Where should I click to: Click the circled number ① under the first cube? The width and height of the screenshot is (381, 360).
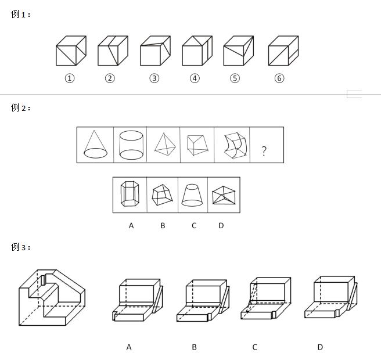[70, 78]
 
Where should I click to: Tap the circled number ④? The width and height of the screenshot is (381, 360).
[195, 78]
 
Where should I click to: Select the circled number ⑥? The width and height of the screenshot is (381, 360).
[279, 78]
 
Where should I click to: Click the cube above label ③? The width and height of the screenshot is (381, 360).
[155, 51]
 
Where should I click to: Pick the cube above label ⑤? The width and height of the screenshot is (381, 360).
[239, 51]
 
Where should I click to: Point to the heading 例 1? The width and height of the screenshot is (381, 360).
[20, 14]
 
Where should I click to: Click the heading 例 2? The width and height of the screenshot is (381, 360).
[20, 107]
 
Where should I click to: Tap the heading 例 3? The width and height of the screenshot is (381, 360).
[20, 247]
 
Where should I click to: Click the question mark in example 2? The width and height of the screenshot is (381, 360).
[264, 151]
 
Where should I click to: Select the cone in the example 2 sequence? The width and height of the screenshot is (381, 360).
[95, 145]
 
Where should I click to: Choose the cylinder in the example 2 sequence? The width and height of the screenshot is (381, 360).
[131, 145]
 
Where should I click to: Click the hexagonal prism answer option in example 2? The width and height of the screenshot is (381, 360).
[130, 193]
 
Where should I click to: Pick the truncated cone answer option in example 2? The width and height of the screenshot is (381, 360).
[192, 195]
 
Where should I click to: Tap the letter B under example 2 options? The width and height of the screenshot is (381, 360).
[163, 226]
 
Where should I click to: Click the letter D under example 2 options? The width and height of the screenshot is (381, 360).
[221, 226]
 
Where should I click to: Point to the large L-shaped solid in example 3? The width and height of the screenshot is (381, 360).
[52, 297]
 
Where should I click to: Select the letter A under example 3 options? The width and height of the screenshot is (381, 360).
[129, 347]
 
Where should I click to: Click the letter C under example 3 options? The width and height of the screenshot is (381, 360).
[254, 347]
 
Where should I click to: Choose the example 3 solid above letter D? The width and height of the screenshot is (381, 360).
[331, 297]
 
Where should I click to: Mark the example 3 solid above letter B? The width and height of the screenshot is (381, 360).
[203, 301]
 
